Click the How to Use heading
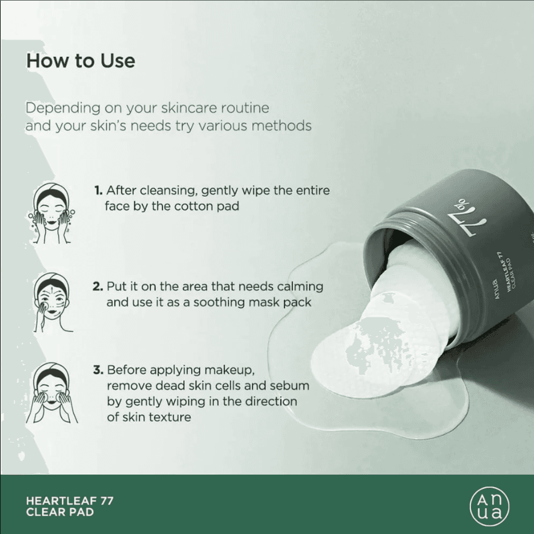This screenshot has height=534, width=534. point(81,61)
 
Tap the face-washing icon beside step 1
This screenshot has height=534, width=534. point(52,214)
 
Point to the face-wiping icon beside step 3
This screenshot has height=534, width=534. point(52,393)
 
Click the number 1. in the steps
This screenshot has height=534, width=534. point(99,190)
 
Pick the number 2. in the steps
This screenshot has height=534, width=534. point(98,286)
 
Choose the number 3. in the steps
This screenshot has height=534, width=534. point(98,370)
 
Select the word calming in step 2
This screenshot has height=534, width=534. point(300,287)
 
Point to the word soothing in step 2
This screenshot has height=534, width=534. point(220,302)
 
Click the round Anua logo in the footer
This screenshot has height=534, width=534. point(490,506)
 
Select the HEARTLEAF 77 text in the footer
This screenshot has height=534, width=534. point(70,501)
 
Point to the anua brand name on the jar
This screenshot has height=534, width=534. point(496,290)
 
